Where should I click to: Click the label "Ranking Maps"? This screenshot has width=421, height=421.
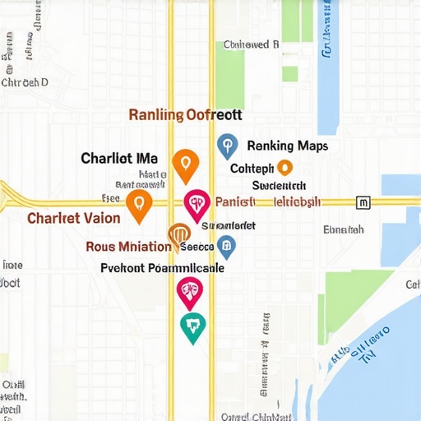[287, 146]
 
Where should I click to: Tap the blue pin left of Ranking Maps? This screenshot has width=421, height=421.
[226, 146]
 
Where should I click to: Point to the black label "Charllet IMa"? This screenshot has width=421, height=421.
[119, 157]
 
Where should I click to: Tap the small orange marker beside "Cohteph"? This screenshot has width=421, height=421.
[285, 168]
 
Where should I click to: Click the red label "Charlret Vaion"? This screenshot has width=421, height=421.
[74, 219]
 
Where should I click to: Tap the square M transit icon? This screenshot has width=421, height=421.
[363, 201]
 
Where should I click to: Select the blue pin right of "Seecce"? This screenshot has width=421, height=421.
[226, 245]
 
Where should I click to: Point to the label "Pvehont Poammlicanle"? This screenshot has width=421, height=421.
[162, 267]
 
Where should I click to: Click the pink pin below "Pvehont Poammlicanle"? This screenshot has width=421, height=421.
[190, 290]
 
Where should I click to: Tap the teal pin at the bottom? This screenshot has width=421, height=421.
[192, 326]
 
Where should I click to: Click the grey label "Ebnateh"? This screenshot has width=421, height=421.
[344, 229]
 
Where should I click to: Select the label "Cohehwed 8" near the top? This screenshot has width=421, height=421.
[252, 44]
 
